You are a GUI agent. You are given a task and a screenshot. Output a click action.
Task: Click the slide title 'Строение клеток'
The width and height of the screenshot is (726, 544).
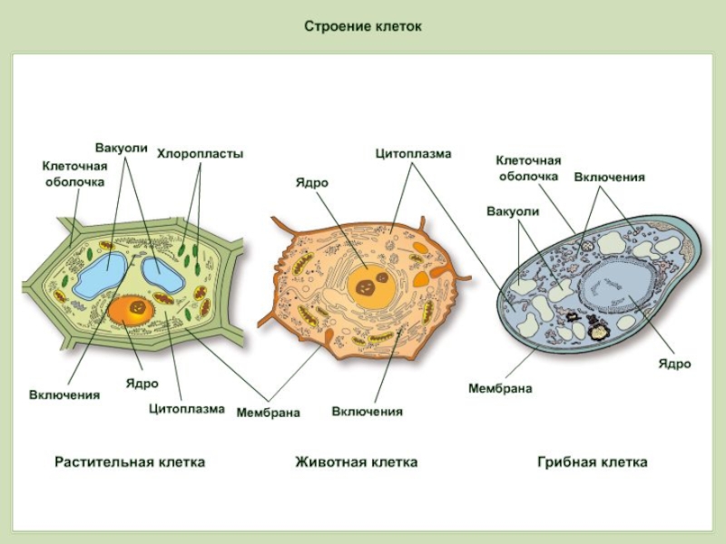tap(363, 26)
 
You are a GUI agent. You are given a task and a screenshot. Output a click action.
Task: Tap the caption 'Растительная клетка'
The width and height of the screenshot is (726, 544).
tap(130, 461)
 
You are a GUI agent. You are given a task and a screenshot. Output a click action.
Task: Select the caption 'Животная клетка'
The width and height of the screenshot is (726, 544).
tap(357, 461)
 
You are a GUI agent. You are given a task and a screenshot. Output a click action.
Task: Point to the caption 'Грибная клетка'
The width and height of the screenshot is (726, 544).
tap(593, 461)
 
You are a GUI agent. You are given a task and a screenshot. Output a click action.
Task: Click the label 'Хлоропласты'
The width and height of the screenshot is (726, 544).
tap(201, 154)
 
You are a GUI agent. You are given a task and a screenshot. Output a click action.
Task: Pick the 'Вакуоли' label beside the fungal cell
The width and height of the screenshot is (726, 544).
tap(513, 211)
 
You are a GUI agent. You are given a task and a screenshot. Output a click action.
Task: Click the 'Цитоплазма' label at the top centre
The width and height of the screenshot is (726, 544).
tap(413, 154)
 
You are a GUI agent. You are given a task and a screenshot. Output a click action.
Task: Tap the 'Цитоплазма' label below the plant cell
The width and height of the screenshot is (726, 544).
tap(187, 408)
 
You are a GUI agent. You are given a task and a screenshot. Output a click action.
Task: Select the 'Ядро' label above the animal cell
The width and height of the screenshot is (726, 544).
tap(311, 182)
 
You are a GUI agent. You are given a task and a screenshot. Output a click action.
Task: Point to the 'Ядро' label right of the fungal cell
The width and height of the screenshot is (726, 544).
tap(674, 364)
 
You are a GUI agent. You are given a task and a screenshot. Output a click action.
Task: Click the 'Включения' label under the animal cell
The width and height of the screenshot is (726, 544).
tap(367, 413)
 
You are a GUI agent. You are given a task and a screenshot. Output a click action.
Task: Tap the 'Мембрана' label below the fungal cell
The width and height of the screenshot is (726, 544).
tap(500, 388)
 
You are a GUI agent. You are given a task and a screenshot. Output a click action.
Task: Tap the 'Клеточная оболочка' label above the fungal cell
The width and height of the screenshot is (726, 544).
tap(528, 168)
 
